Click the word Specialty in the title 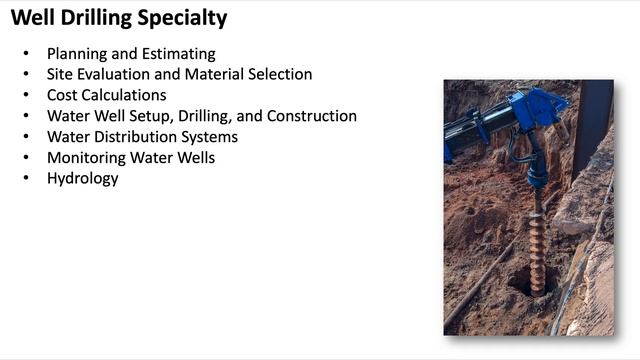[x=182, y=18]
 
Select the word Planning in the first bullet [x=76, y=53]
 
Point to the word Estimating [x=177, y=53]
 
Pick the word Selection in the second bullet [x=281, y=74]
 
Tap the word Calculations [x=124, y=95]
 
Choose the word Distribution [x=137, y=137]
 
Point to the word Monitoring [x=85, y=158]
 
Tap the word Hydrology [x=82, y=179]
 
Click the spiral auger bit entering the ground [x=536, y=240]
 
